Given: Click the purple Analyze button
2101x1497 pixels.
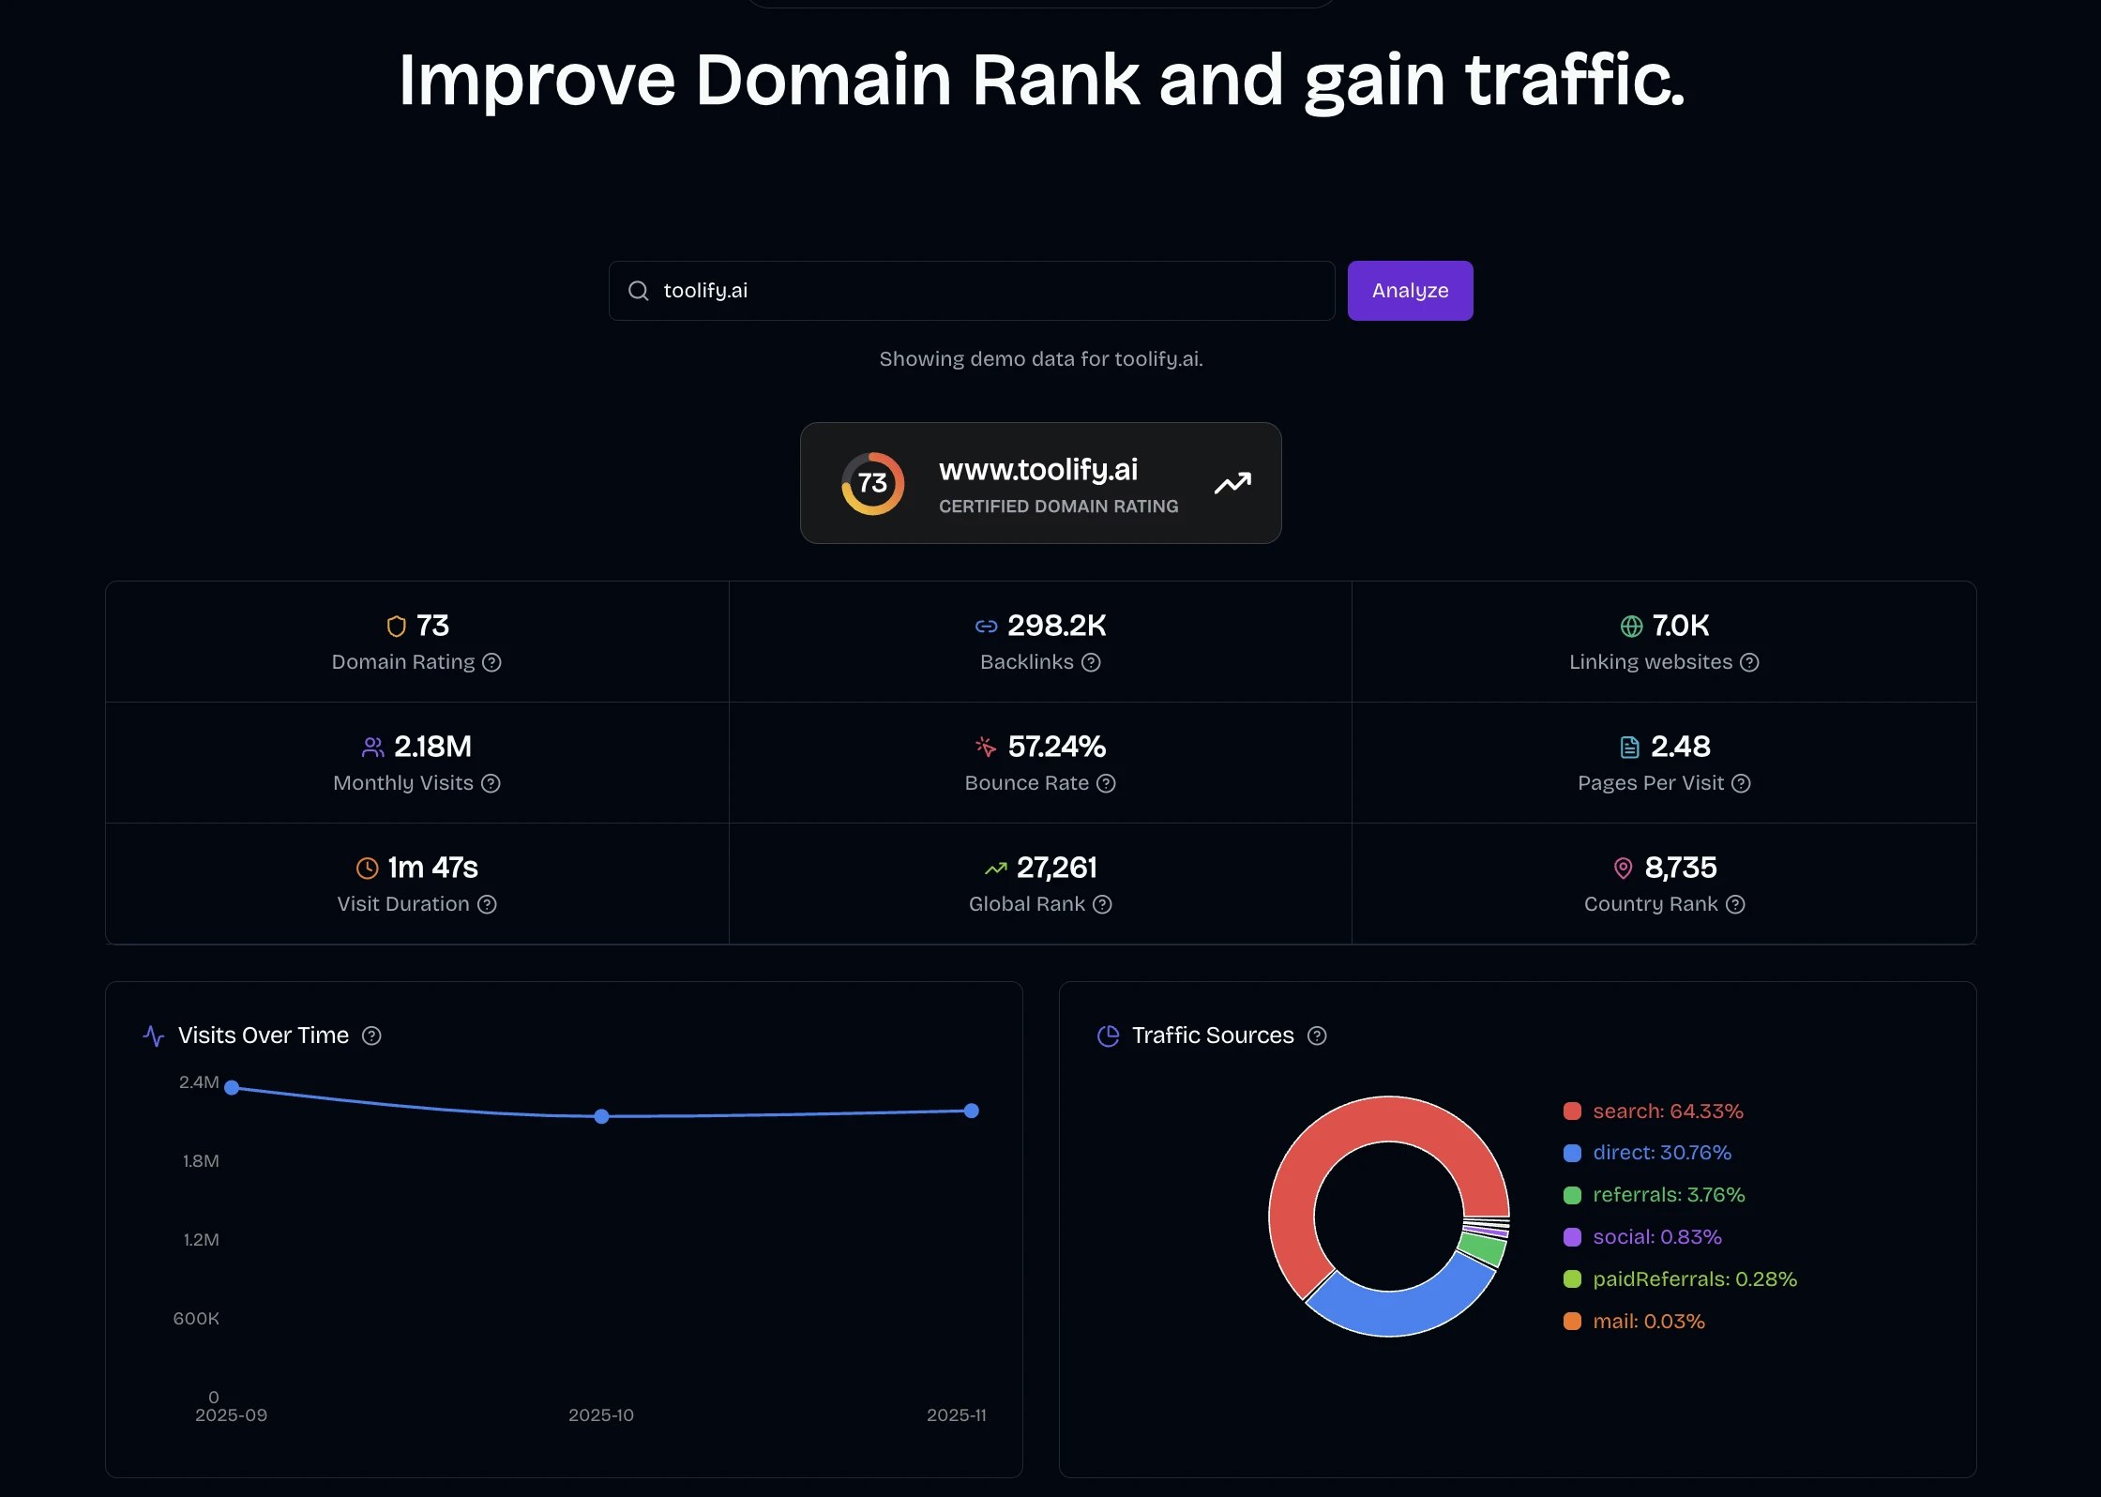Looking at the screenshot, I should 1410,291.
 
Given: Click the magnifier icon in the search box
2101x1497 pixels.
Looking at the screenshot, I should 639,291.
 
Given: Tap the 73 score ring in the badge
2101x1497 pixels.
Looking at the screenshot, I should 872,483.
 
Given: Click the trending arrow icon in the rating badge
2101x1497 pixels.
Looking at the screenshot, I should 1232,483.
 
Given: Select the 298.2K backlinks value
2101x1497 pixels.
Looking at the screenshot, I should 1056,626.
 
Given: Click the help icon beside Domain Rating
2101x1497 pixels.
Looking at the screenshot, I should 491,662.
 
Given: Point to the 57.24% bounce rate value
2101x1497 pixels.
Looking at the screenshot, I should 1056,747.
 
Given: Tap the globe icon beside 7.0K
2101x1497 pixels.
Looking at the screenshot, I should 1631,626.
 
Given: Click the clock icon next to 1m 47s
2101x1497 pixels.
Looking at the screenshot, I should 367,869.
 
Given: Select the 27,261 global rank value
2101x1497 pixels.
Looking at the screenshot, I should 1056,868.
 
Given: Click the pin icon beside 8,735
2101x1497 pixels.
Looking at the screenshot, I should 1623,869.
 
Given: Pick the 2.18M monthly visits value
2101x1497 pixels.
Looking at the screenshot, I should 432,747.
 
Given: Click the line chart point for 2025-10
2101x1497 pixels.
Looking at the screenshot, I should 601,1116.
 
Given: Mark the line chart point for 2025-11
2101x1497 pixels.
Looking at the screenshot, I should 972,1111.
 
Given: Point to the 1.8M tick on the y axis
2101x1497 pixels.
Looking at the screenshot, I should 201,1161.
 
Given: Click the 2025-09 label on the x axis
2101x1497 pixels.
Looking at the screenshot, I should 231,1415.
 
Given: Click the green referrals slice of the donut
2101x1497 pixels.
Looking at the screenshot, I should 1482,1248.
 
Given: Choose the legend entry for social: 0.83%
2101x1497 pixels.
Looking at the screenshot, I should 1656,1237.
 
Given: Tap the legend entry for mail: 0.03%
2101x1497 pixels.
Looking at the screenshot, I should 1648,1322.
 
